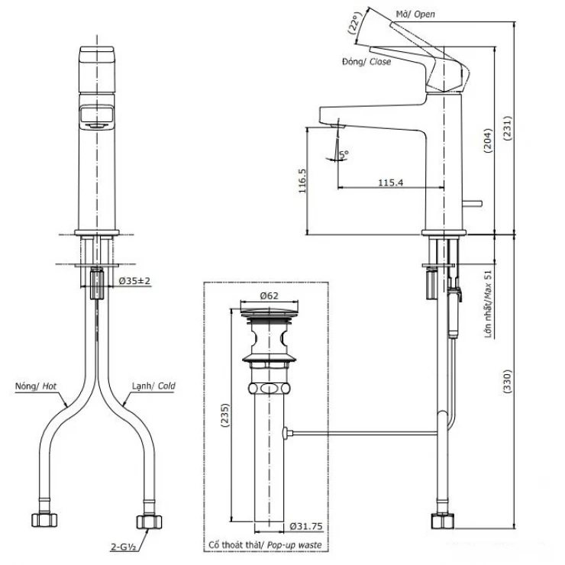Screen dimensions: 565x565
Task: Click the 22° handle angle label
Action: [x=354, y=27]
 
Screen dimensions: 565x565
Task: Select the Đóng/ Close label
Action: [x=366, y=62]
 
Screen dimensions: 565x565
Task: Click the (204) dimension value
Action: [x=488, y=136]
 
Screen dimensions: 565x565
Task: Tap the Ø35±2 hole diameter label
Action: [x=135, y=281]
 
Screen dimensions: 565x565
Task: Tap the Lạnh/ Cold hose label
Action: [x=152, y=386]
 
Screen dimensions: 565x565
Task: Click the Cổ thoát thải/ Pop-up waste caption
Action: [x=265, y=544]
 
